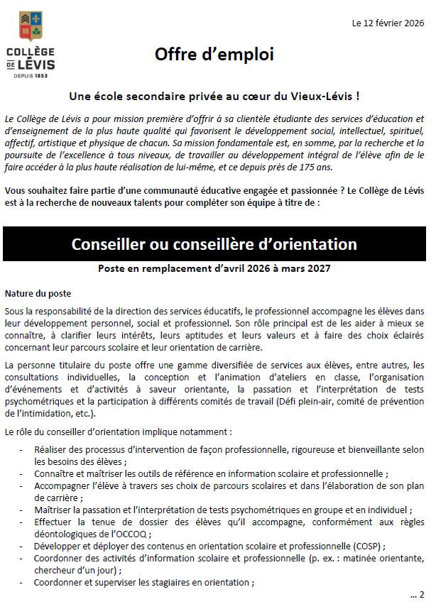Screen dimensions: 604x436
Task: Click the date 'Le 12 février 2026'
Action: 388,23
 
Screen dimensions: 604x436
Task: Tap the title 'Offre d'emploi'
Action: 214,55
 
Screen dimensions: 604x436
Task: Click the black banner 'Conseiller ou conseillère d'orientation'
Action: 214,245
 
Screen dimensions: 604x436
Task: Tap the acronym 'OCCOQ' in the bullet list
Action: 130,534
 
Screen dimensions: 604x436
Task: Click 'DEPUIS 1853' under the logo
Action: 30,75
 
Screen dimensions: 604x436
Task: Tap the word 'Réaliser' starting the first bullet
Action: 52,450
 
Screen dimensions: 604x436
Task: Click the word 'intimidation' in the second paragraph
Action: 45,414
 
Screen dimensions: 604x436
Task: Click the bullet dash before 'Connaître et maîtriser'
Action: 26,474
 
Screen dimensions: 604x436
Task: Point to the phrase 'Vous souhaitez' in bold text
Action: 33,191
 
